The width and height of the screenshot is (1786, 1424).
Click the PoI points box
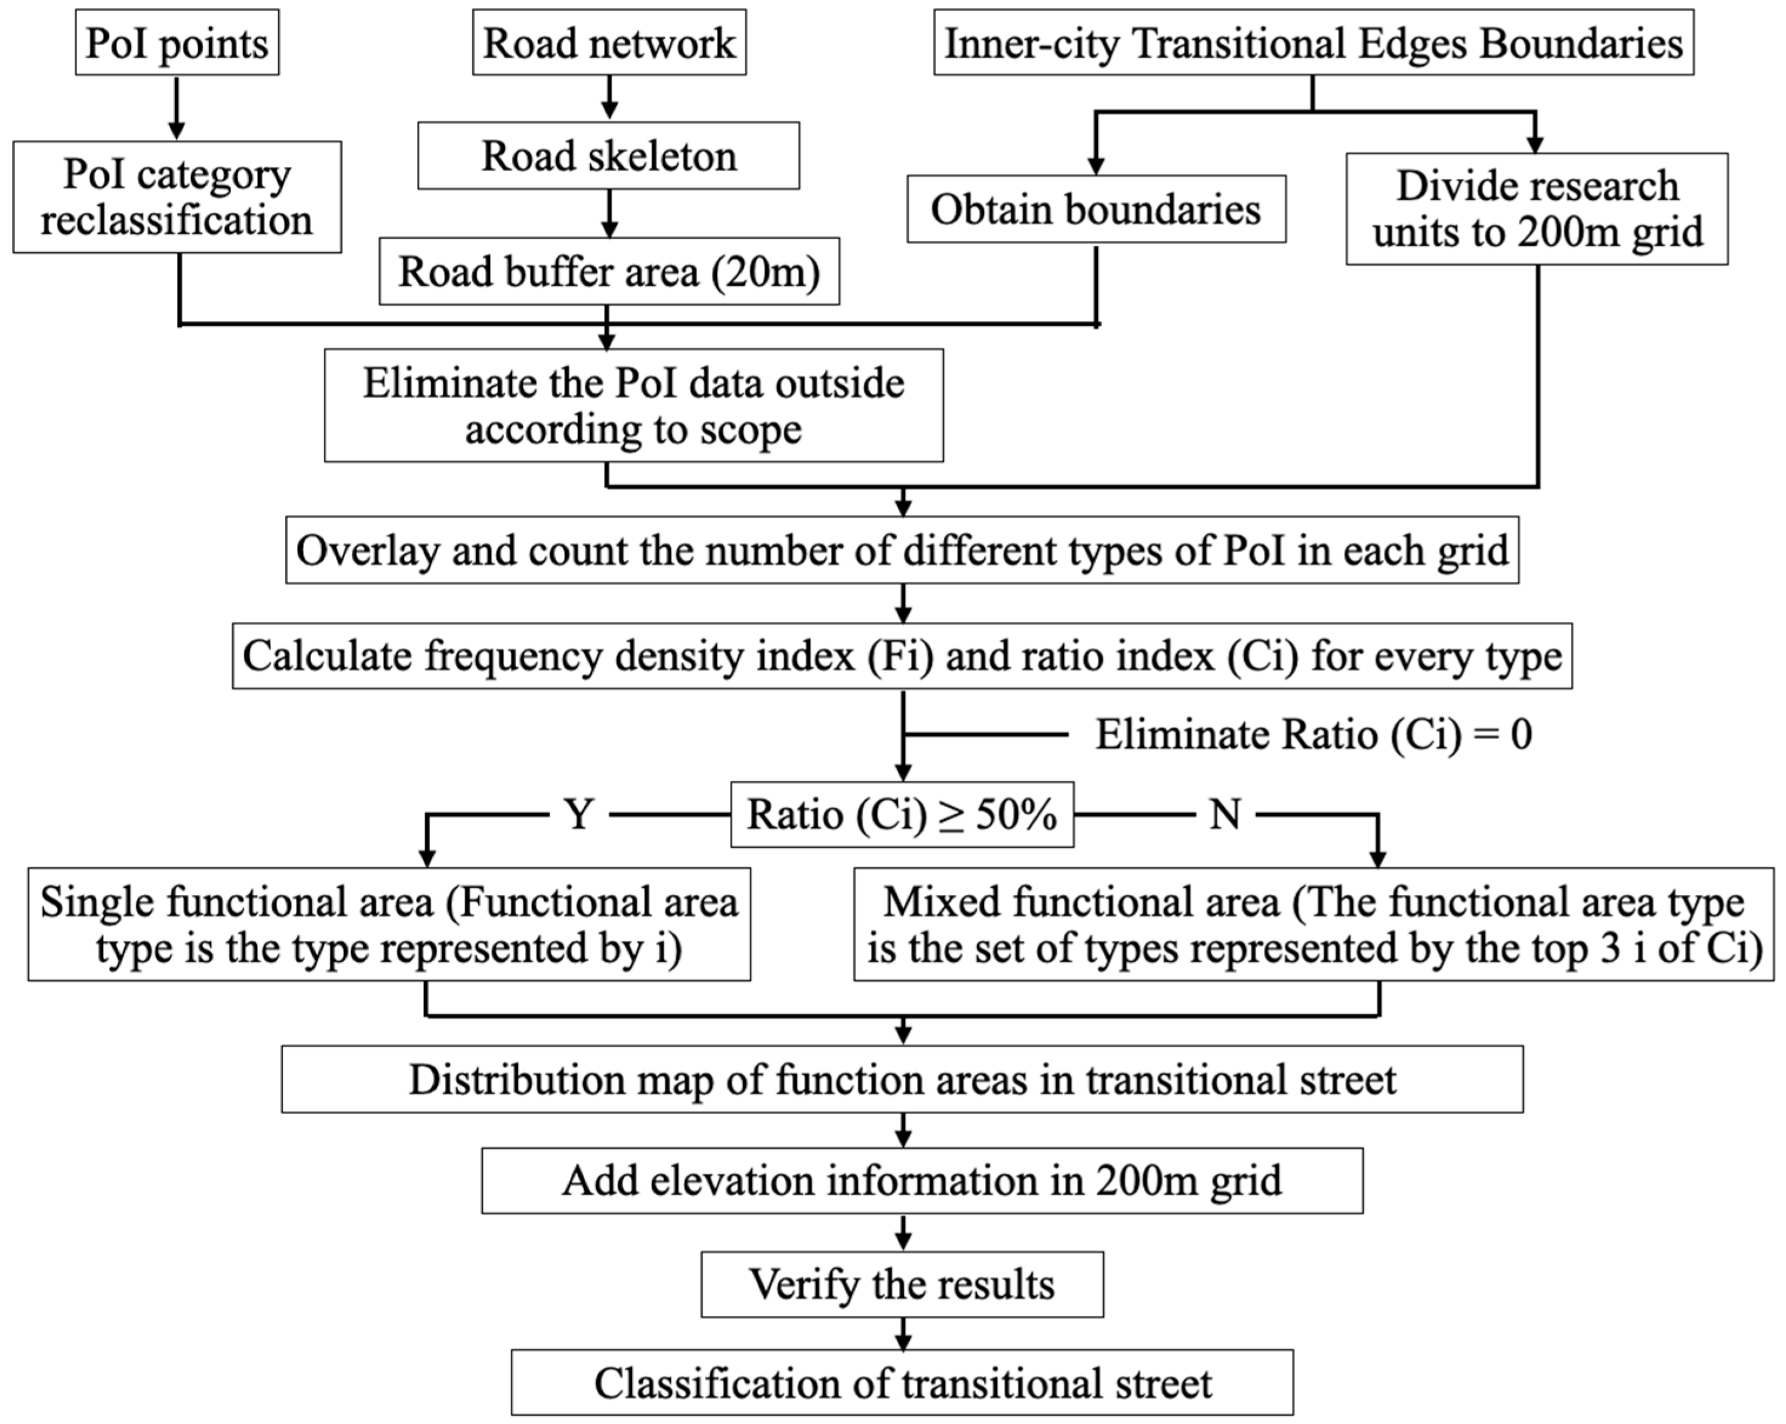177,43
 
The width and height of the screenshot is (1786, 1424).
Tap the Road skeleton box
609,156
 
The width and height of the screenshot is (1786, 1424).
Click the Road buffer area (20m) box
609,272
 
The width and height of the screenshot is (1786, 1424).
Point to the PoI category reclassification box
177,197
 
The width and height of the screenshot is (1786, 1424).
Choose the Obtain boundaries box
1096,209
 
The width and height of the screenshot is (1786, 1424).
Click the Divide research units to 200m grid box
1537,209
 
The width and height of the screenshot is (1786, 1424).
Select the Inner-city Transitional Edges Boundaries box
1313,43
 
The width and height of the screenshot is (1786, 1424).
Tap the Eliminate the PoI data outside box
634,405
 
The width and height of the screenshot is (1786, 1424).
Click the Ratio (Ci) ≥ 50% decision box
902,814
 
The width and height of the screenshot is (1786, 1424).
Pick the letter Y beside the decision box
579,814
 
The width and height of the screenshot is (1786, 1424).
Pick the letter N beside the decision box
1224,814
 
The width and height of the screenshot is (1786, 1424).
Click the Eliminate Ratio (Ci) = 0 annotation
1314,734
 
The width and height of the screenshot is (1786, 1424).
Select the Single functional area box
389,924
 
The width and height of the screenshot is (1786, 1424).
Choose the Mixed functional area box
1314,924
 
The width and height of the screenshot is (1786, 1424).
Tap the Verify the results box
902,1285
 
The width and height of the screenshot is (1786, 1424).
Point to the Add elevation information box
922,1181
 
